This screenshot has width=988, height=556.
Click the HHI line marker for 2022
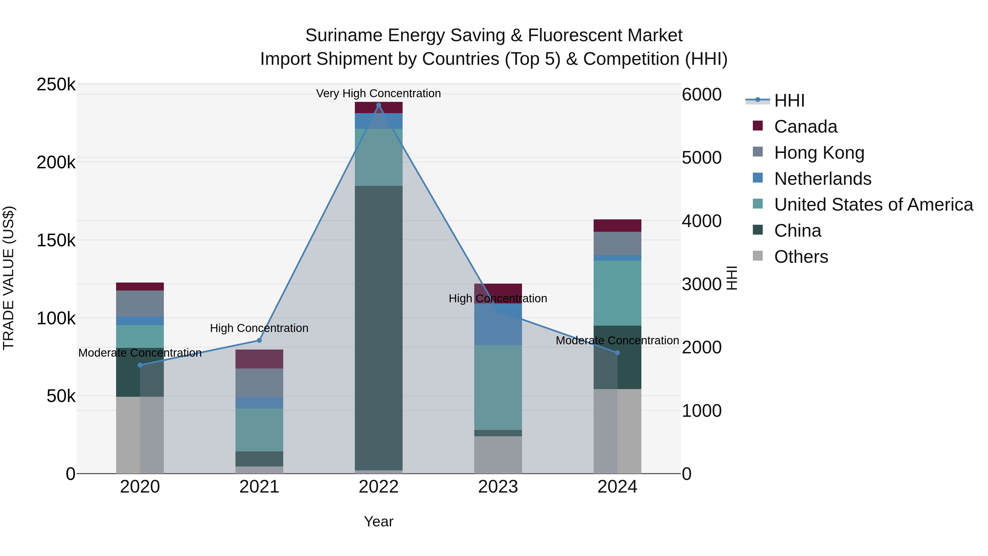click(x=378, y=105)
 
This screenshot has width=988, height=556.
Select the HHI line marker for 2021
click(x=259, y=340)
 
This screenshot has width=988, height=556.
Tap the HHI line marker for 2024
click(x=617, y=353)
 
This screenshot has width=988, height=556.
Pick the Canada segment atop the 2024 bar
click(x=617, y=226)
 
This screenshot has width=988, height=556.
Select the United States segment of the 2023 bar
click(x=498, y=387)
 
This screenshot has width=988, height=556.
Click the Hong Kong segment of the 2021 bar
click(x=259, y=382)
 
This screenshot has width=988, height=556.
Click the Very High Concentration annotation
click(x=378, y=93)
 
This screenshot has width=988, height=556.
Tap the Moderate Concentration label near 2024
click(x=617, y=340)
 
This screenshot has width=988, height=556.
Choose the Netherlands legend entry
click(x=823, y=179)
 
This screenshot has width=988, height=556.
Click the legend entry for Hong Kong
click(x=819, y=153)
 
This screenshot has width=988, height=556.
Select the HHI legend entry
click(x=789, y=100)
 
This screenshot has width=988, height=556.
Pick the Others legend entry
click(x=801, y=257)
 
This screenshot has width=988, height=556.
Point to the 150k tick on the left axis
click(x=56, y=241)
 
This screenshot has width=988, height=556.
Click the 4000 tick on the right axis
click(x=702, y=221)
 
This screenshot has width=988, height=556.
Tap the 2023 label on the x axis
click(x=498, y=487)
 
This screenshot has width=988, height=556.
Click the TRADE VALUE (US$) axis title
click(x=9, y=278)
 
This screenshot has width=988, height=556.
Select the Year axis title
click(x=378, y=521)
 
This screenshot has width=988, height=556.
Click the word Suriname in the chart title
click(x=344, y=36)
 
